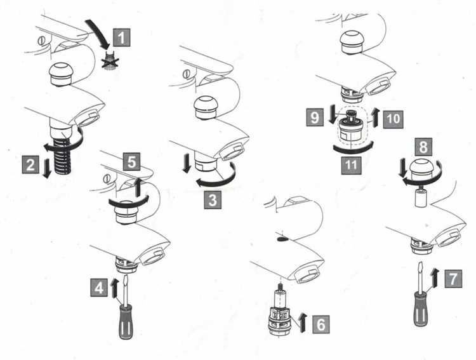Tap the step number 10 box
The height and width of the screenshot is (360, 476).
pos(393,119)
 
